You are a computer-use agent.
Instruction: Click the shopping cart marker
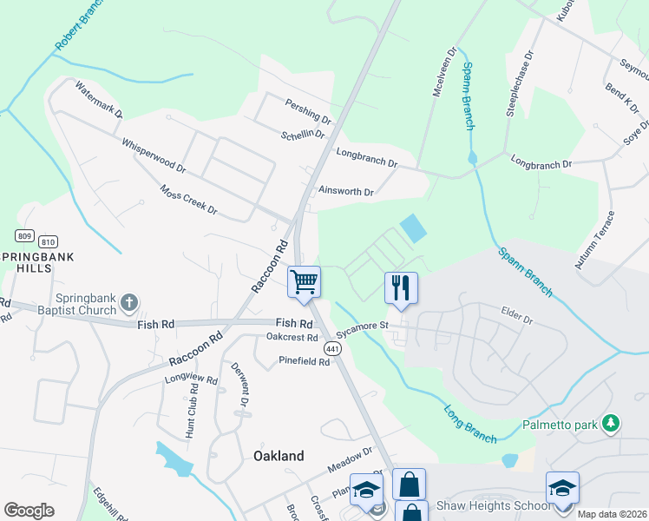point(305,282)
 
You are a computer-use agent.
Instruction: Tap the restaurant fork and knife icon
point(401,287)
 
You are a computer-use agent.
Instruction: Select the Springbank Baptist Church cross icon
point(128,303)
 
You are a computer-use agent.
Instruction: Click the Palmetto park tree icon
point(612,423)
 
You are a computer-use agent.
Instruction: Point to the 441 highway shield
point(331,348)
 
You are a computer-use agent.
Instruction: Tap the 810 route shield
point(49,241)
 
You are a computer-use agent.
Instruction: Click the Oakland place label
point(279,456)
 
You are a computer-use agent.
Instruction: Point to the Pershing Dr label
point(309,111)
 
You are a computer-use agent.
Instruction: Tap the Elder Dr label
point(516,313)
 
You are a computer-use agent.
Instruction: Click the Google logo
point(29,511)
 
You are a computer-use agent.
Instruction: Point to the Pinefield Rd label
point(304,361)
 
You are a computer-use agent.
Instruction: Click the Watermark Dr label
point(99,100)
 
